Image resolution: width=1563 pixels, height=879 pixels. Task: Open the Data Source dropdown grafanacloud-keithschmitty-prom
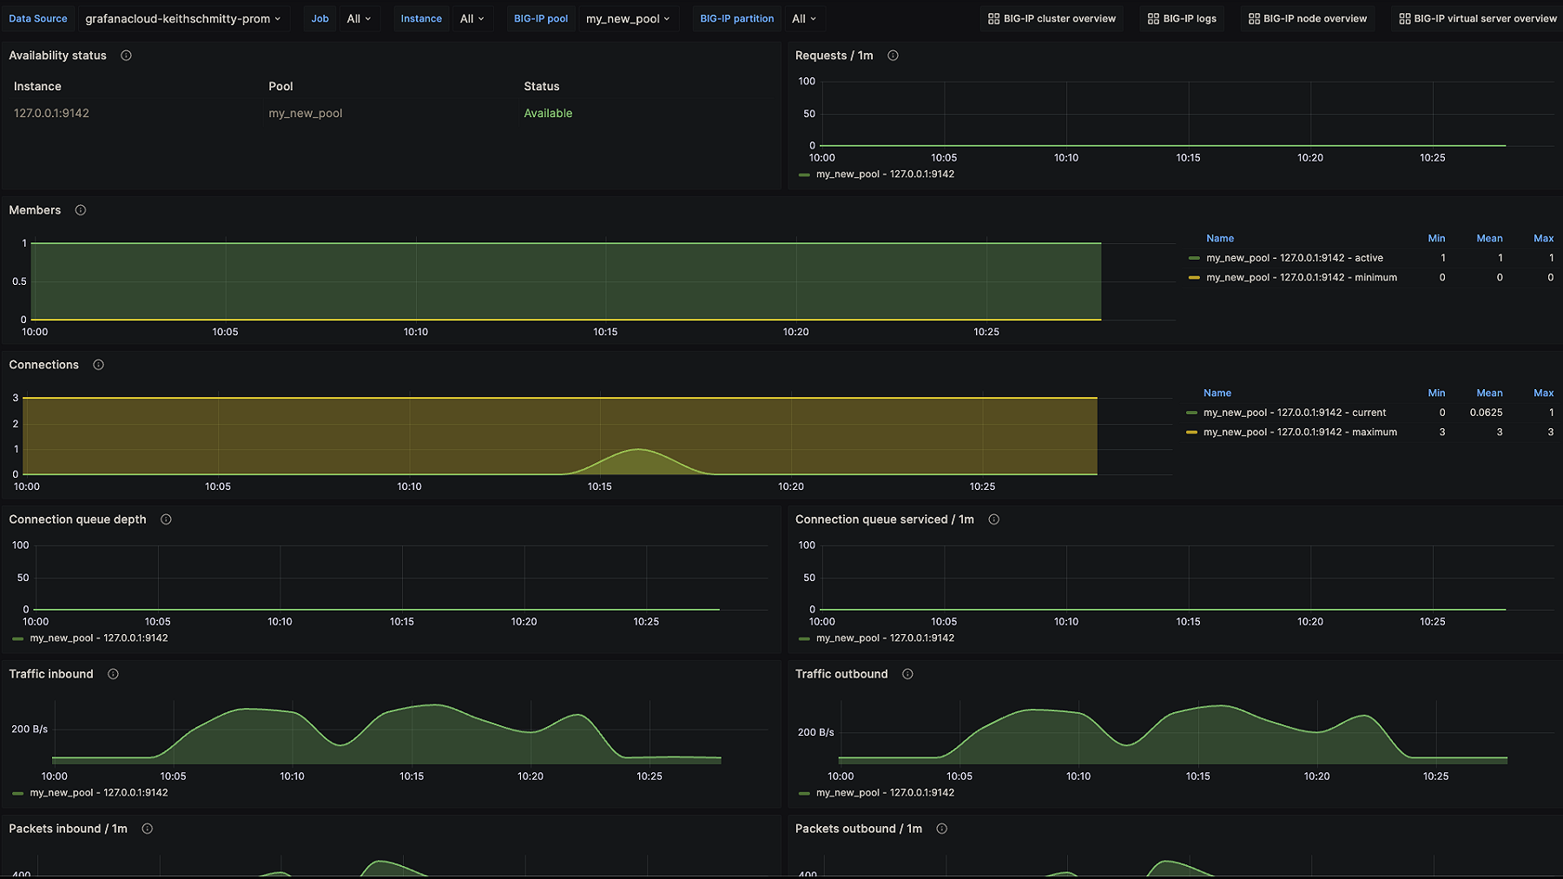[182, 18]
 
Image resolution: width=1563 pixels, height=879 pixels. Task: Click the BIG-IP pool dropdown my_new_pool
[627, 18]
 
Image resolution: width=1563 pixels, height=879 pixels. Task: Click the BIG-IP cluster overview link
[1051, 18]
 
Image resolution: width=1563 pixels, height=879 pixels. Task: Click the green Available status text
[548, 113]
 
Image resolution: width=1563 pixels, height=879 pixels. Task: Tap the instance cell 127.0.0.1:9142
[51, 113]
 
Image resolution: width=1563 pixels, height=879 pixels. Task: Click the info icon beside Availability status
[126, 56]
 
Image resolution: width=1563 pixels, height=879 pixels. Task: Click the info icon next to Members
[81, 210]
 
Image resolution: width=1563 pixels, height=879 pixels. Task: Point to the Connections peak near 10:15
[638, 450]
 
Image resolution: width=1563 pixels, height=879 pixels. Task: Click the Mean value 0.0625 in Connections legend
[1486, 413]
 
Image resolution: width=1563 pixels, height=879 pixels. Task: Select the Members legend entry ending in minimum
[1301, 278]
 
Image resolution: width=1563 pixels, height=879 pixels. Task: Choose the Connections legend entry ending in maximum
[1299, 433]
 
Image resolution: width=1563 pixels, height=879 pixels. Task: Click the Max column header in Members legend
[1543, 238]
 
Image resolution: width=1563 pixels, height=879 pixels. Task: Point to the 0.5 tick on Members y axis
[19, 281]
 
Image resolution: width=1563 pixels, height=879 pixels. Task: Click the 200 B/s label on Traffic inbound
[30, 730]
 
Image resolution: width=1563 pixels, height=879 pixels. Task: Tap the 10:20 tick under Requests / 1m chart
[1309, 158]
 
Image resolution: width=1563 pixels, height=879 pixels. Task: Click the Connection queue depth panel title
[77, 519]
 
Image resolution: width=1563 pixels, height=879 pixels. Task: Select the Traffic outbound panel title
[841, 674]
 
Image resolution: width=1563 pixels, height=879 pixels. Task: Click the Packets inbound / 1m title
[68, 829]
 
